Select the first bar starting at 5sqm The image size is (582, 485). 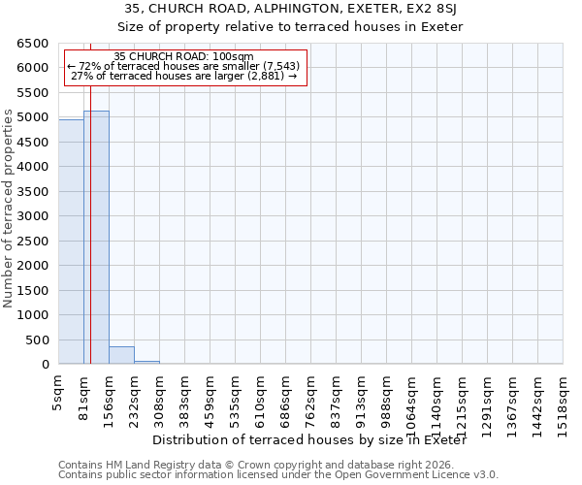pyautogui.click(x=71, y=242)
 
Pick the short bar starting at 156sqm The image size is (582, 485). pyautogui.click(x=121, y=355)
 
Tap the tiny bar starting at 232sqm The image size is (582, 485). pyautogui.click(x=146, y=362)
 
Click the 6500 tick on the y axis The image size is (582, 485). pyautogui.click(x=32, y=44)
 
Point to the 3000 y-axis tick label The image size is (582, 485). pyautogui.click(x=32, y=216)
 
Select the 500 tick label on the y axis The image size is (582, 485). pyautogui.click(x=36, y=340)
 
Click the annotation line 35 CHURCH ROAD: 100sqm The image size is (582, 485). pyautogui.click(x=183, y=56)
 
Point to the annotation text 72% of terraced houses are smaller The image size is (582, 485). pyautogui.click(x=183, y=66)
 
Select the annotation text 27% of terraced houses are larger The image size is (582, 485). pyautogui.click(x=183, y=76)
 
